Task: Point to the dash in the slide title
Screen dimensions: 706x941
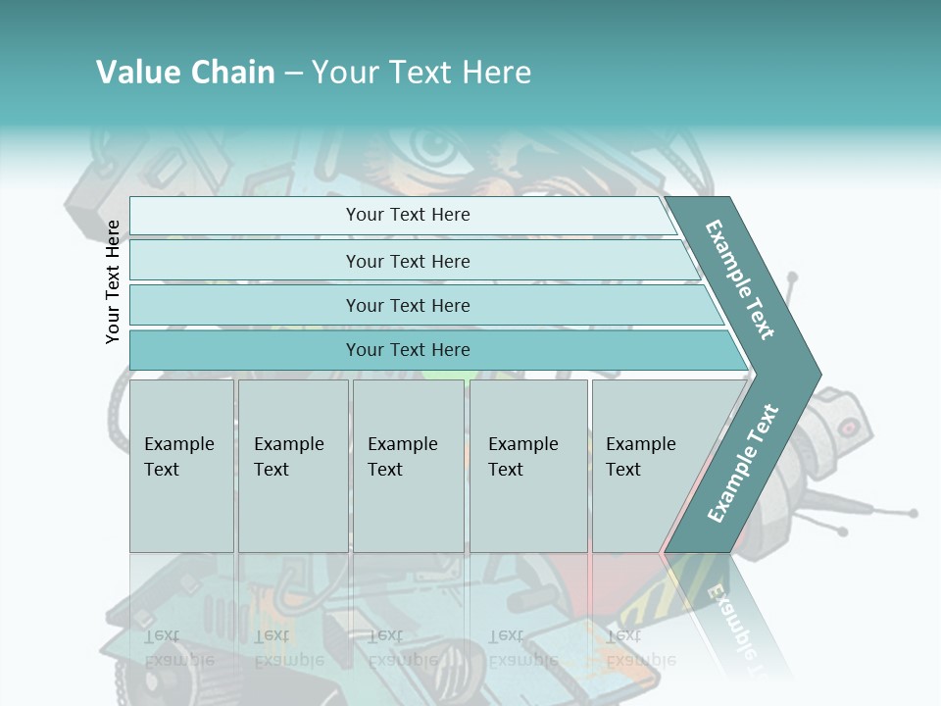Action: [x=293, y=74]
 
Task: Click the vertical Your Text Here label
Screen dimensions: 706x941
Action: [x=113, y=281]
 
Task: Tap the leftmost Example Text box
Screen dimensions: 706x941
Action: [x=181, y=466]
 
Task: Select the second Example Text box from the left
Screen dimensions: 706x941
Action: [x=293, y=466]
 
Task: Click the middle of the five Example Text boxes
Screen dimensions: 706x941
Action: [x=408, y=466]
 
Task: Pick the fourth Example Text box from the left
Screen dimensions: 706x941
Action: [x=528, y=466]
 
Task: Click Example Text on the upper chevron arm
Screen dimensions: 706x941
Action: [x=740, y=279]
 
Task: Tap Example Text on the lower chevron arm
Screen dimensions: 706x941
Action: [x=742, y=464]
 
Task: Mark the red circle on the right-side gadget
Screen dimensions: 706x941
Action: [x=849, y=428]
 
